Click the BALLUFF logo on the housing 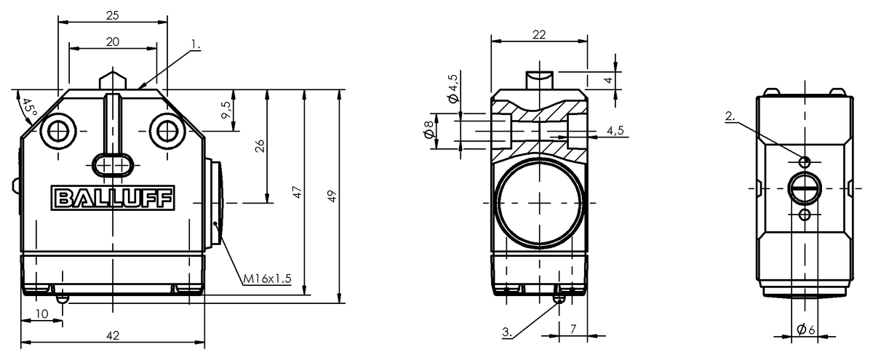(113, 198)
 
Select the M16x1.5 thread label (268, 279)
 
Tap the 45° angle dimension (28, 108)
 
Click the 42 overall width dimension (113, 335)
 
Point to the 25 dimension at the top (113, 15)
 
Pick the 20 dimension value (113, 41)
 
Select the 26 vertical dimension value (260, 145)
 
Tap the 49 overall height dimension (332, 196)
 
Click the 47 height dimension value (298, 193)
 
